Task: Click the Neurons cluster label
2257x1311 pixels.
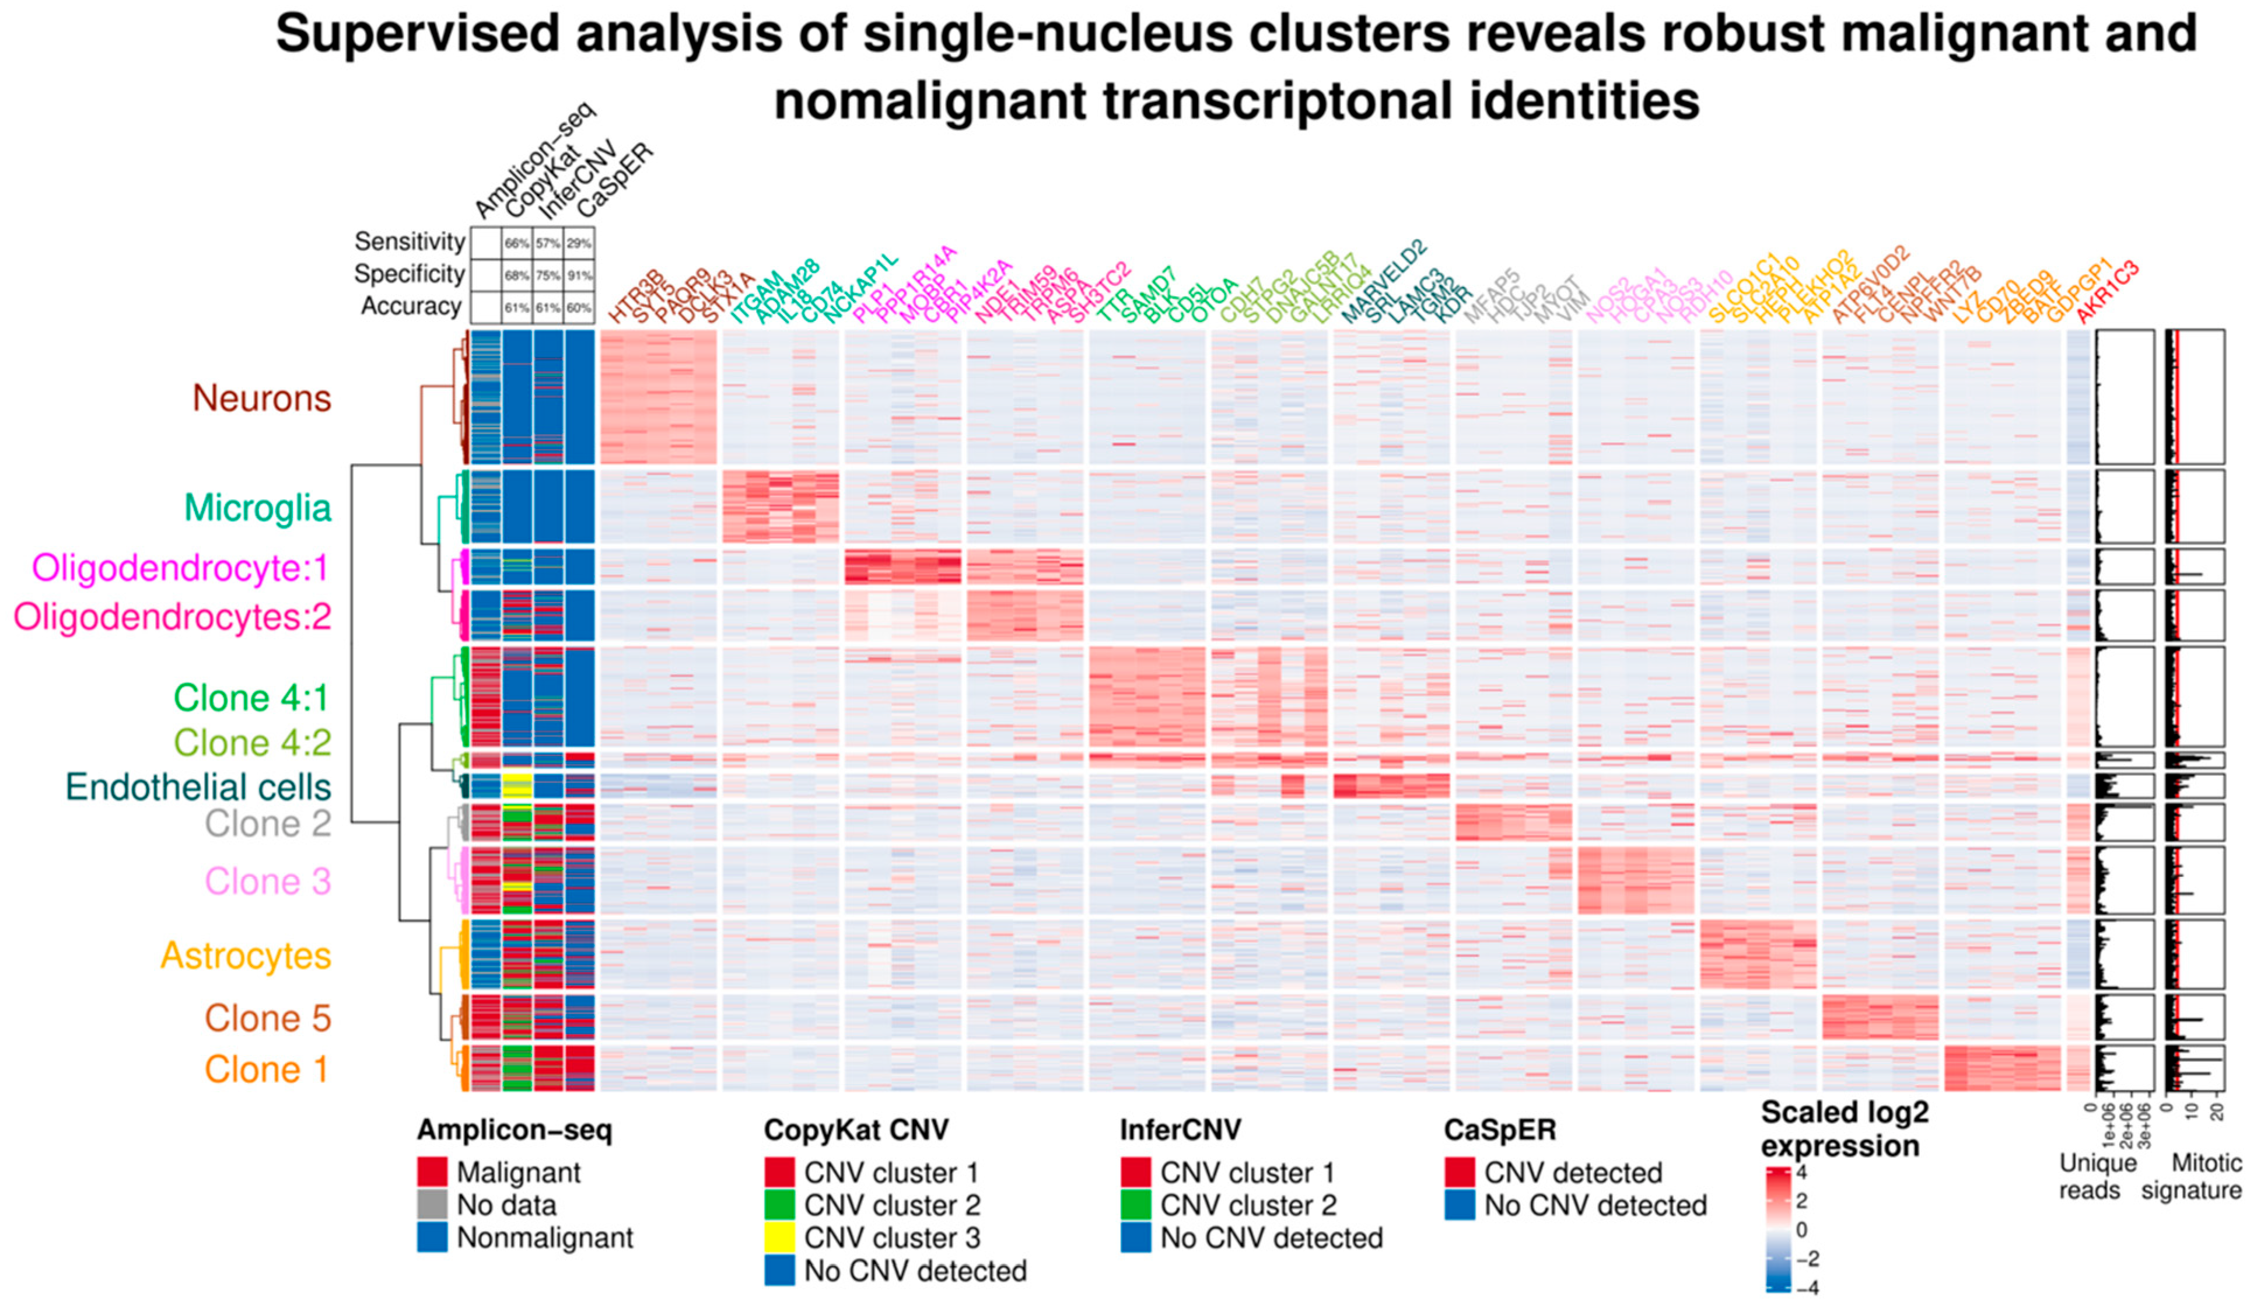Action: [261, 398]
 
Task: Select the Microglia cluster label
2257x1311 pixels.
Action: [257, 508]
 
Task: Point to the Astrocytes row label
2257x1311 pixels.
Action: [246, 956]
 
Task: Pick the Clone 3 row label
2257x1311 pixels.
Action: [267, 881]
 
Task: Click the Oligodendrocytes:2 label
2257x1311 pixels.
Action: [172, 617]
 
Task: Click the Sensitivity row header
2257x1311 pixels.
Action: [410, 242]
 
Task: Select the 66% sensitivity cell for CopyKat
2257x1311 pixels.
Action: [517, 243]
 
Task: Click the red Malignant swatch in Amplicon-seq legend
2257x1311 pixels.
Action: [432, 1172]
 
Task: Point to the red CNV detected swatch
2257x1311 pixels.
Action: [1459, 1172]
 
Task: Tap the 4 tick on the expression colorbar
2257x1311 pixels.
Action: [1802, 1172]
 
